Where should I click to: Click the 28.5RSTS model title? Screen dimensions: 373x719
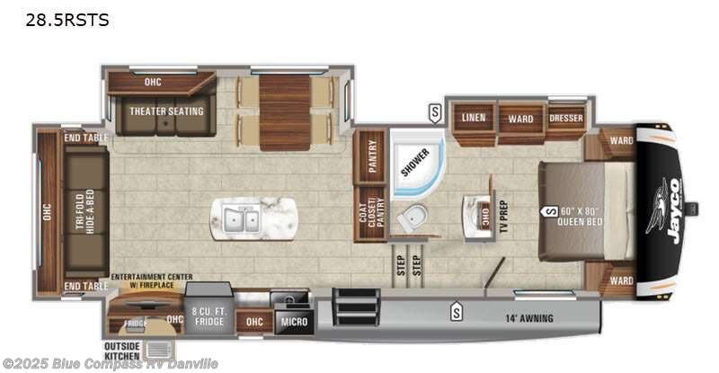(x=57, y=20)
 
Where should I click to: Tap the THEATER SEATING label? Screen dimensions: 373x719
(x=165, y=111)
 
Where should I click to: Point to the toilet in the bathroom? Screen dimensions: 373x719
(x=414, y=216)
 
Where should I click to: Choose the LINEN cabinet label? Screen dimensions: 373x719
(x=474, y=118)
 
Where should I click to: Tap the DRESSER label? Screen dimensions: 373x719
(x=566, y=118)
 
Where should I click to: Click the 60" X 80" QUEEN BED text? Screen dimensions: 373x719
(x=586, y=216)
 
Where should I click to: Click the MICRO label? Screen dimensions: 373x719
(x=293, y=321)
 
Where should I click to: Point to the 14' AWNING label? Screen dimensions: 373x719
(x=528, y=318)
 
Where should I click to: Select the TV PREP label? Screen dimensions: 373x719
(x=502, y=216)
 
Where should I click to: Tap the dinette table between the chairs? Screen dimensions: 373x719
(x=285, y=112)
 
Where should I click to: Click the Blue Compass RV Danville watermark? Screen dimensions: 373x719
(x=110, y=364)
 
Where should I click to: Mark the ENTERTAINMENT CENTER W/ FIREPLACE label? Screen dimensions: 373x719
(x=146, y=281)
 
